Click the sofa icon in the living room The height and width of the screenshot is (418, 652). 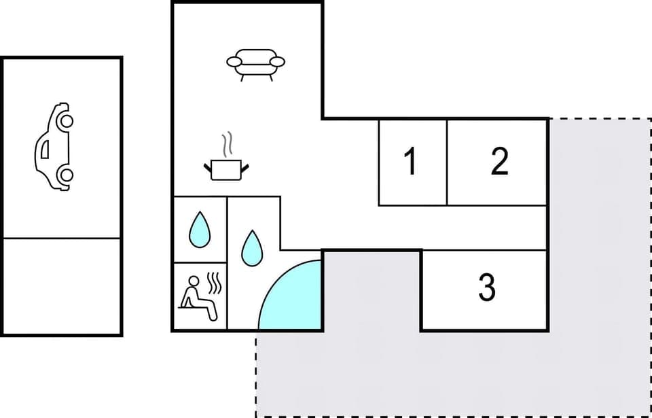[255, 64]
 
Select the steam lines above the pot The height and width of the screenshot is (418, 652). [228, 145]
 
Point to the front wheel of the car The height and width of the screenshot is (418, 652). [65, 121]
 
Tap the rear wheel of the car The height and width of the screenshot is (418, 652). [65, 175]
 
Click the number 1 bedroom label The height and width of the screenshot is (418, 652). [410, 162]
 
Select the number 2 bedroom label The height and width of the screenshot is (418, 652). [499, 162]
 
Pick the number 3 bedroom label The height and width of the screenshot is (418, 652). [486, 288]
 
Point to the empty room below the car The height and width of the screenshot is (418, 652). [62, 286]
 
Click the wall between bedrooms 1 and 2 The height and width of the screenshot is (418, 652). [447, 162]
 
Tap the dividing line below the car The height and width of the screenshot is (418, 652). [62, 239]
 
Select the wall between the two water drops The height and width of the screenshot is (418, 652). [227, 231]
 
